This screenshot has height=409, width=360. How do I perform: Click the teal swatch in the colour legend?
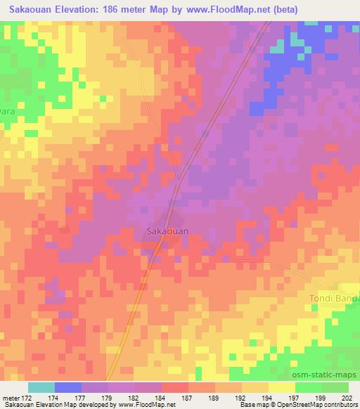point(41,387)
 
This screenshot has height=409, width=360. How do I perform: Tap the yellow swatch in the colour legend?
point(282,387)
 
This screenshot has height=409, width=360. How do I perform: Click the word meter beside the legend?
point(10,397)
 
